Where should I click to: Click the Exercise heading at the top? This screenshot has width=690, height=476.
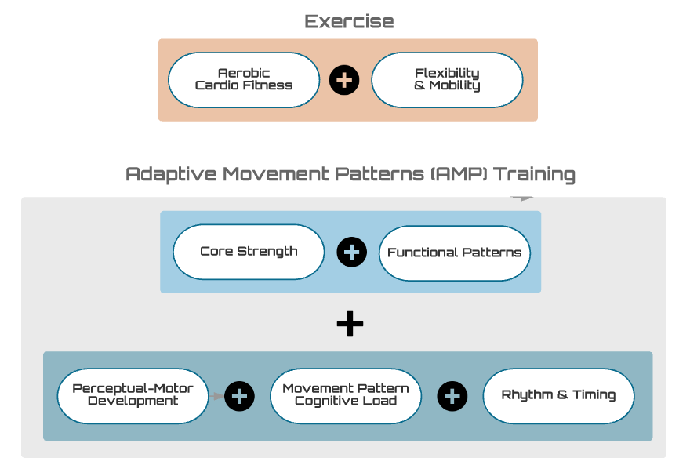point(349,21)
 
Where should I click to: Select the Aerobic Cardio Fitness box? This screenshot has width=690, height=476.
point(244,80)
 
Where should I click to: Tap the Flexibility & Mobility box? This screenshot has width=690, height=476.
point(447,80)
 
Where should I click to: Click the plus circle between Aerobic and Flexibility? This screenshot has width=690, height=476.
point(344,80)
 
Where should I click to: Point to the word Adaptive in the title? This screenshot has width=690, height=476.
point(171,174)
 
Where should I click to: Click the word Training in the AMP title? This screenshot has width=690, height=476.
point(534,174)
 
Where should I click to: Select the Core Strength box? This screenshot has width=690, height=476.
point(249,252)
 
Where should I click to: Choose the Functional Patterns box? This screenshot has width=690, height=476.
point(455,253)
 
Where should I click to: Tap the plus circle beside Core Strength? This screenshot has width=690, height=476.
point(351,252)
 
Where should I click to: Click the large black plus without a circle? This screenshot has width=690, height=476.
point(350,324)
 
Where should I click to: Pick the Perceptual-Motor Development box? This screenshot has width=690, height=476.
point(133,396)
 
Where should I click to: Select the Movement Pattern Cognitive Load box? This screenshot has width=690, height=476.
point(346,396)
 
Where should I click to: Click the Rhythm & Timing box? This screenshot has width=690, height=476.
point(559,396)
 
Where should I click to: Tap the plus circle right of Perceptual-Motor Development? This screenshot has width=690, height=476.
point(239,396)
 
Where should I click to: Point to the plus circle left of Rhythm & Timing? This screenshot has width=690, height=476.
point(452,396)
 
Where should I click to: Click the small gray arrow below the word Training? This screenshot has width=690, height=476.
point(522,198)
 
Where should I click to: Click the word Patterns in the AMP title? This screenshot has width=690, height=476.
point(379,174)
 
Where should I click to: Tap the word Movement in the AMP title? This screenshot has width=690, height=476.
point(275,174)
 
